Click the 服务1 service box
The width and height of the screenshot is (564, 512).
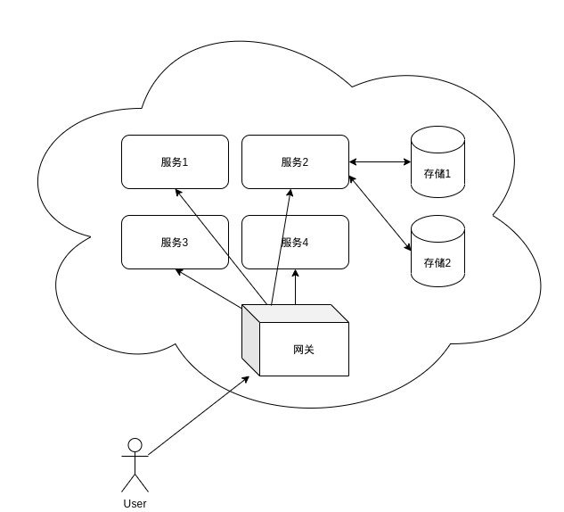click(175, 161)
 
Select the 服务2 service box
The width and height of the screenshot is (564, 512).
click(295, 161)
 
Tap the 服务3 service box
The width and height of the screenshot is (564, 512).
click(175, 242)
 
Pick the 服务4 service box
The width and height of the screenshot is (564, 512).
click(295, 242)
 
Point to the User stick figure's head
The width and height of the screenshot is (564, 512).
click(135, 444)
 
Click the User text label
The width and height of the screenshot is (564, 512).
click(135, 504)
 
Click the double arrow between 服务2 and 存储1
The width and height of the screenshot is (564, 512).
click(380, 162)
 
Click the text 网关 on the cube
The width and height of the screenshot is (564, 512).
click(303, 350)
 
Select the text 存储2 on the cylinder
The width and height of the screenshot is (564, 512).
click(437, 263)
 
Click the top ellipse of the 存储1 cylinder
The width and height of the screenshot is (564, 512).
click(437, 138)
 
